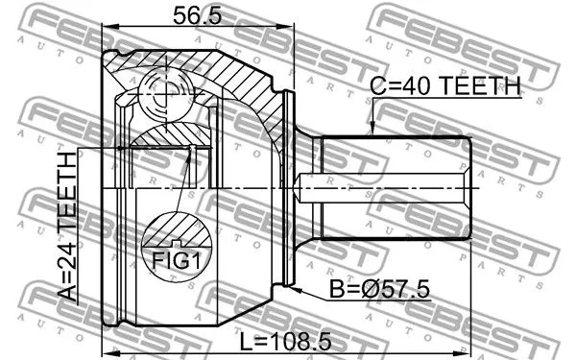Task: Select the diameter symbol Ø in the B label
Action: pos(360,291)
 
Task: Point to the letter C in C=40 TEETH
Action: pos(377,86)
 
